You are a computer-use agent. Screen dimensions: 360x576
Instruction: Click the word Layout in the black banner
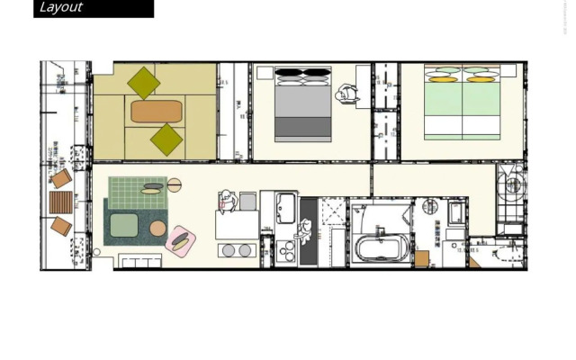(x=61, y=8)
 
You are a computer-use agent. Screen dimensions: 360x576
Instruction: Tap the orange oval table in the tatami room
(x=157, y=112)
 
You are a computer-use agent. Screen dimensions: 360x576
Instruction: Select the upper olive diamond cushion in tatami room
(x=144, y=83)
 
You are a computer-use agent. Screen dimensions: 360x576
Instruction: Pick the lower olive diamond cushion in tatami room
(x=166, y=139)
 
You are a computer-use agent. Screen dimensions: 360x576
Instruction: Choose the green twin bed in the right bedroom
(x=463, y=103)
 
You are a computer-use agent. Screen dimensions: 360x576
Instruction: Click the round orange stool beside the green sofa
(x=157, y=229)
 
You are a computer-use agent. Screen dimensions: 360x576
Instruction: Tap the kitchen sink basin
(x=286, y=208)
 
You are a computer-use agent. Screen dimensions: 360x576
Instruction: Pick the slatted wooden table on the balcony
(x=59, y=202)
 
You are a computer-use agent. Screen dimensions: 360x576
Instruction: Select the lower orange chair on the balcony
(x=60, y=226)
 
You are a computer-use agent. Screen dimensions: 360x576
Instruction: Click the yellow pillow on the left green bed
(x=441, y=78)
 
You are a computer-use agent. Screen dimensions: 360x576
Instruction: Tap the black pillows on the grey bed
(x=301, y=75)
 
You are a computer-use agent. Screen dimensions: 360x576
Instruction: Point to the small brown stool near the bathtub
(x=421, y=258)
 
